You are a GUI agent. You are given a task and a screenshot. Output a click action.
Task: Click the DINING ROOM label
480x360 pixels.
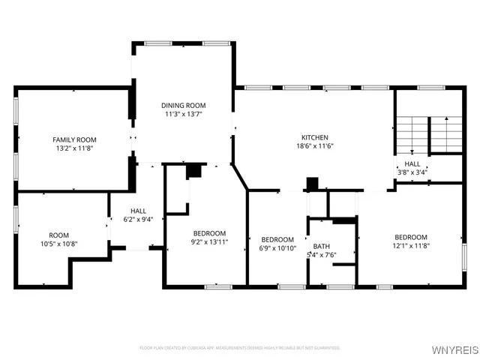pos(184,105)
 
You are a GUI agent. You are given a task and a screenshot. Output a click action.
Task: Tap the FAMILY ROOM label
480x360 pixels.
pos(74,139)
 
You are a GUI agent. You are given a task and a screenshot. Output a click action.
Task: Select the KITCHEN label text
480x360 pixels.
pos(315,137)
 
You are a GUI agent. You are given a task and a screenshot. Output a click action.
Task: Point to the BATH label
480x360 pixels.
pos(321,246)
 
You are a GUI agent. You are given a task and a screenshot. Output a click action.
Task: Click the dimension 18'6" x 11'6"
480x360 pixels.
pos(315,146)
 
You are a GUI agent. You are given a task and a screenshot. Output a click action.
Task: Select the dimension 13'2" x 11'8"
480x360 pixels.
pos(74,148)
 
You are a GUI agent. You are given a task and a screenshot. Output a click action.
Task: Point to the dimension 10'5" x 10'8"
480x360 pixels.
pos(58,244)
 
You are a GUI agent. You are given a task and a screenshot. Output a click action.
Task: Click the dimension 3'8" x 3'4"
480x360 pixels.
pos(412,172)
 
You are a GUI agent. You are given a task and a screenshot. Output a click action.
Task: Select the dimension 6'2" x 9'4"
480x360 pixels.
pos(138,220)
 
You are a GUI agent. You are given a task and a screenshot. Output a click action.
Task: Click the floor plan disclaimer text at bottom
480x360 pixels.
pos(240,348)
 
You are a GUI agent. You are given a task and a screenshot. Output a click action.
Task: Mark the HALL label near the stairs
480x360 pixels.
pos(412,163)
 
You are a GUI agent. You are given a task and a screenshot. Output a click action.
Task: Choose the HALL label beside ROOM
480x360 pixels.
pos(138,211)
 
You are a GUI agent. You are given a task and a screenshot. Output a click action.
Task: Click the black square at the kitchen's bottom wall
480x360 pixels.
pos(313,184)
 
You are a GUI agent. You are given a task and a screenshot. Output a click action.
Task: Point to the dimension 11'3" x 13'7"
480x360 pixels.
pos(184,114)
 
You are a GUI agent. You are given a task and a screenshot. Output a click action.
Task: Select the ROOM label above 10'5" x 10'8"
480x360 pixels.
pos(58,235)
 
